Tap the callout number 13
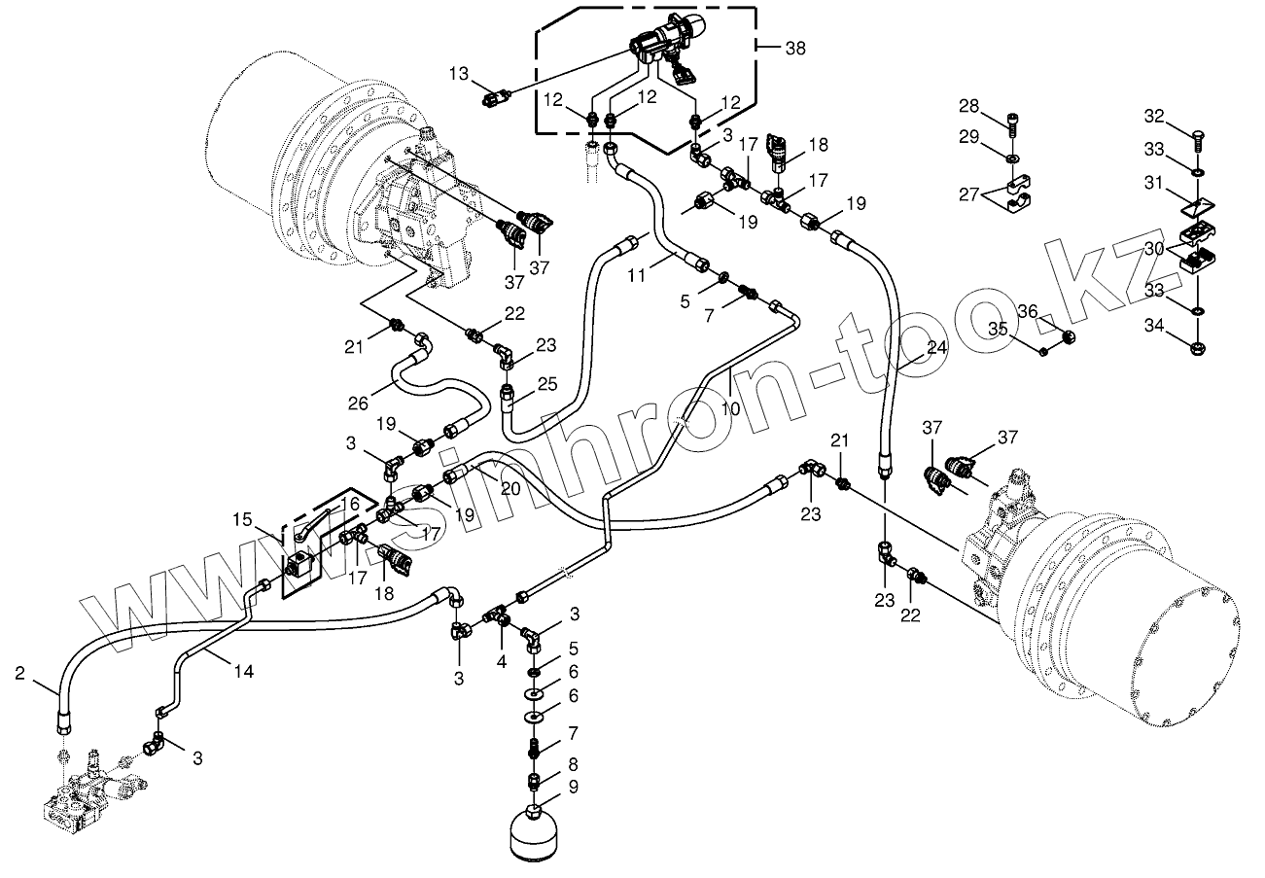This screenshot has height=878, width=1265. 459,74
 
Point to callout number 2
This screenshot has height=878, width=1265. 20,672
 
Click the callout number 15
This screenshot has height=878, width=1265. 241,520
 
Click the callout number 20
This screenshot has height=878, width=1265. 510,488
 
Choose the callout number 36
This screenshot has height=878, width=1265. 1028,311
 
